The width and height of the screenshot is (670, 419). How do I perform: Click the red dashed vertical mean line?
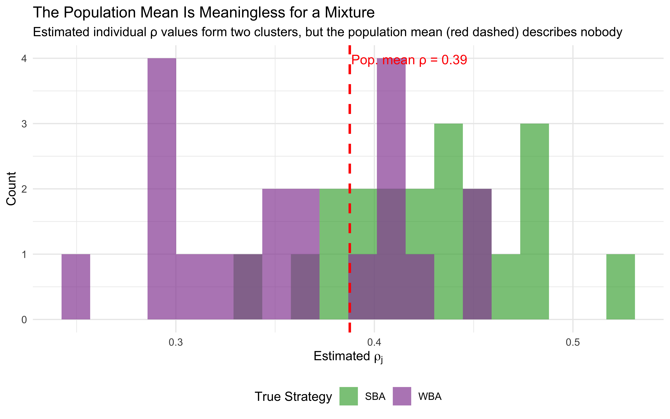pyautogui.click(x=350, y=155)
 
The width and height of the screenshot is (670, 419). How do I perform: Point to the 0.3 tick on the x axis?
pyautogui.click(x=176, y=342)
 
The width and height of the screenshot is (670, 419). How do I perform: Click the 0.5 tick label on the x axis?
pyautogui.click(x=573, y=342)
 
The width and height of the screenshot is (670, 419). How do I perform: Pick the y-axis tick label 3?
pyautogui.click(x=24, y=124)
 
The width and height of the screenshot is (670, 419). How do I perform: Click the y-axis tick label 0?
pyautogui.click(x=24, y=320)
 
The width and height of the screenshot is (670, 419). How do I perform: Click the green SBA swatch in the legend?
pyautogui.click(x=349, y=396)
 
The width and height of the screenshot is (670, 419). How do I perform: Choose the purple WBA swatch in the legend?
pyautogui.click(x=402, y=396)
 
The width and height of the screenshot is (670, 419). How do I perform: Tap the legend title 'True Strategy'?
pyautogui.click(x=293, y=397)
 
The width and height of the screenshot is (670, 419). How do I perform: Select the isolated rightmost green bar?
pyautogui.click(x=620, y=287)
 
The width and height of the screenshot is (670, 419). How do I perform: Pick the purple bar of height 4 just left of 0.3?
pyautogui.click(x=162, y=188)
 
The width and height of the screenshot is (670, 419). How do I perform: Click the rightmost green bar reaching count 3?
pyautogui.click(x=534, y=222)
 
